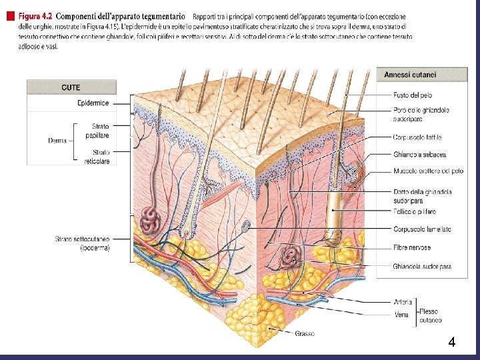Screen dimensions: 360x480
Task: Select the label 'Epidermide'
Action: point(93,103)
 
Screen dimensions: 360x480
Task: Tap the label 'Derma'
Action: point(57,141)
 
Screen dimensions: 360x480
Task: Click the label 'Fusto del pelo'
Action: point(412,96)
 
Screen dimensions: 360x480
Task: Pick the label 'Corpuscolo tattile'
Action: point(417,137)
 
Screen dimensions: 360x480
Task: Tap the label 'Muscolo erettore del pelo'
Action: point(428,171)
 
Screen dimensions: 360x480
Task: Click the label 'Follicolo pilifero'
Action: point(414,212)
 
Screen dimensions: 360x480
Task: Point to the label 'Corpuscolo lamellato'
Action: point(422,229)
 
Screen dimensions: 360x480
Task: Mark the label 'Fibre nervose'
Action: point(411,247)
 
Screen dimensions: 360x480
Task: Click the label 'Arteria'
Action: point(403,302)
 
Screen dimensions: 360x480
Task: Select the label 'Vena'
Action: point(401,314)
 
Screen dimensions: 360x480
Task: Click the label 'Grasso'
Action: point(305,333)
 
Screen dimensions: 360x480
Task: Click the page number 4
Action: point(451,343)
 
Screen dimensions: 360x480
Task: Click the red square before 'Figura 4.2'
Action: point(9,15)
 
